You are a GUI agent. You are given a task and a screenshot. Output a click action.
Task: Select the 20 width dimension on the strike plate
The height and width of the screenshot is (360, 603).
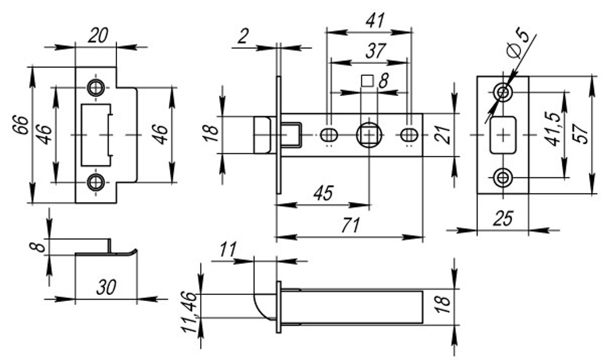(x=98, y=36)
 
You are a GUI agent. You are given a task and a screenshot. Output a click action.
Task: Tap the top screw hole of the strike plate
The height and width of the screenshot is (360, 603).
(x=95, y=87)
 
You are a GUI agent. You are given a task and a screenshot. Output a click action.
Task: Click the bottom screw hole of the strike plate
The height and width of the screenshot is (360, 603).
(x=95, y=182)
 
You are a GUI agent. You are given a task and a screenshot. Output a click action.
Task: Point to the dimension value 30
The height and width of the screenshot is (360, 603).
(x=107, y=288)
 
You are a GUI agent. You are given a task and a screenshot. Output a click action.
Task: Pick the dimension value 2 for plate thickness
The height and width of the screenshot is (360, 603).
(x=242, y=37)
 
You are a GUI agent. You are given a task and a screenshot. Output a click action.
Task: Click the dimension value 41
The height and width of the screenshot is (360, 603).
(x=376, y=21)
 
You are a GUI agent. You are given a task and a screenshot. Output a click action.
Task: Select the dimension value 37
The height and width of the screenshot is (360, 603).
(x=375, y=51)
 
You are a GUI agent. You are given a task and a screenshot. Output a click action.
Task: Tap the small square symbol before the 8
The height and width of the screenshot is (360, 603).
(x=365, y=81)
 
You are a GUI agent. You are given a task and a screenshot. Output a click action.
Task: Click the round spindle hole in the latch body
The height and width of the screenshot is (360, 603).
(x=368, y=134)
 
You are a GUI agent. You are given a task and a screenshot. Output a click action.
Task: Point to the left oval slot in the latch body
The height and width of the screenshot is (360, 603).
(x=329, y=134)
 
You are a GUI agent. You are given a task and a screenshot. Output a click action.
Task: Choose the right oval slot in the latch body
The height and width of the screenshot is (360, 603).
(x=409, y=134)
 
